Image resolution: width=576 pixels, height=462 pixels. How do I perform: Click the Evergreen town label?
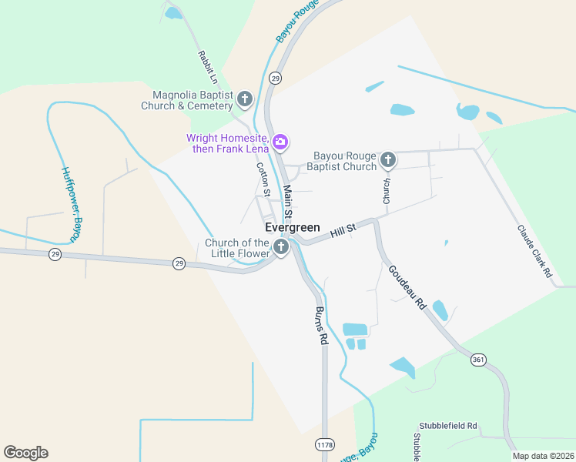(x=292, y=228)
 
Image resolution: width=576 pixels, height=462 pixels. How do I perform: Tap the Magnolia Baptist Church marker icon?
(x=245, y=99)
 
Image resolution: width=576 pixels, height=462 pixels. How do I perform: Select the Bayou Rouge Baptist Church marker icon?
(x=388, y=160)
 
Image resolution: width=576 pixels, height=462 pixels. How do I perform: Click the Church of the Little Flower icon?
(x=281, y=247)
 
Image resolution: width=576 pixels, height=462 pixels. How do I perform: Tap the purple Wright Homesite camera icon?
(x=281, y=142)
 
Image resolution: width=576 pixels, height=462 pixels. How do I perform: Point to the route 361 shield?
(x=479, y=360)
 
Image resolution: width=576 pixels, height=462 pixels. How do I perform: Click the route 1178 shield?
(x=324, y=445)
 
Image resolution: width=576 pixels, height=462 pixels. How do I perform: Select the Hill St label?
(x=343, y=229)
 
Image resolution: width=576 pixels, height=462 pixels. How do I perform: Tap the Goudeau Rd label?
(x=407, y=287)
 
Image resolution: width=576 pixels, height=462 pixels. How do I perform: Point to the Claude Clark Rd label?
(x=535, y=251)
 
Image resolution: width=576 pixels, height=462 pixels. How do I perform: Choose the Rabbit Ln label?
(x=209, y=67)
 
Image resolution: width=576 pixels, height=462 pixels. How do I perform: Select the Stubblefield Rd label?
(x=448, y=426)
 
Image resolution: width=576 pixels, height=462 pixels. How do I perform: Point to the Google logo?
(x=25, y=453)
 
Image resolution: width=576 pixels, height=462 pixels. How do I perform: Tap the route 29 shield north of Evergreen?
(x=275, y=78)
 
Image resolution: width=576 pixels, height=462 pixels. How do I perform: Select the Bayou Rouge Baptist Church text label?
(x=342, y=161)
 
